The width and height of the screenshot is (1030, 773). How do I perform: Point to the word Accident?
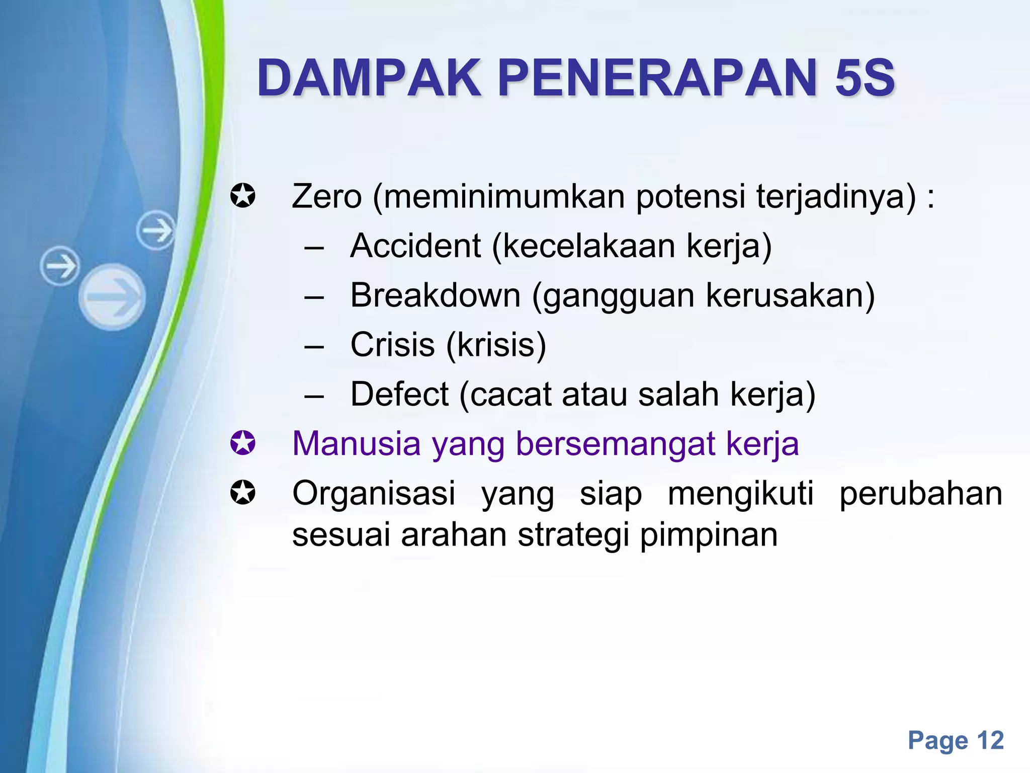click(415, 246)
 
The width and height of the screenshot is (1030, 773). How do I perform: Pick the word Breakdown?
click(436, 295)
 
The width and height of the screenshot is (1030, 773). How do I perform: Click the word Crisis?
click(392, 345)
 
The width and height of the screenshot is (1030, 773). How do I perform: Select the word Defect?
click(399, 394)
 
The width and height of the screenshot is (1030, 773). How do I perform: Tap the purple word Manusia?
click(356, 444)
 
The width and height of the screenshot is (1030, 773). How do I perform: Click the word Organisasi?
click(374, 493)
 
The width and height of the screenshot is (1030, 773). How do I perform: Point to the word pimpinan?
click(709, 535)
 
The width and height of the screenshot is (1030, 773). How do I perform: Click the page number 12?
click(990, 740)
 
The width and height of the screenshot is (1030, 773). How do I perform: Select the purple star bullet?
click(243, 443)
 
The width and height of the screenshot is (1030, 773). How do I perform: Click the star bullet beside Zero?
click(243, 196)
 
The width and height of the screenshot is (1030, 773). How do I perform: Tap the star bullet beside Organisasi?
click(243, 493)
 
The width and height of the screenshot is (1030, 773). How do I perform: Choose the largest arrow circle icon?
click(112, 297)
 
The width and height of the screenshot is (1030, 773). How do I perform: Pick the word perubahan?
click(921, 493)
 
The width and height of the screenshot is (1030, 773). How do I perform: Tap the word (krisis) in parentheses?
click(496, 346)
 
